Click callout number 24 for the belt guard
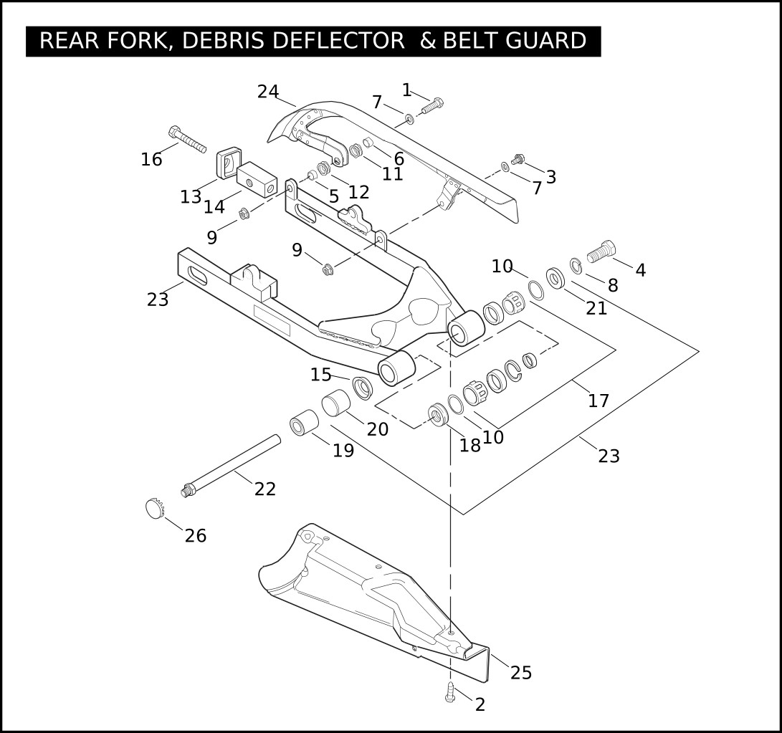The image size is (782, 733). tap(268, 91)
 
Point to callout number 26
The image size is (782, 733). tap(196, 535)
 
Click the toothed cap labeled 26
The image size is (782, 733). tap(155, 507)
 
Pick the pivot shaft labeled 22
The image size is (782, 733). tap(230, 466)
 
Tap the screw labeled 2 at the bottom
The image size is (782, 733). tap(450, 692)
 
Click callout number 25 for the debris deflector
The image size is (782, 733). tap(521, 673)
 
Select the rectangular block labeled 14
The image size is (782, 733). tap(257, 180)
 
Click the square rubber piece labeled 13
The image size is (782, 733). tap(229, 162)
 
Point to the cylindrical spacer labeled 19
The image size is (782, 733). tap(304, 422)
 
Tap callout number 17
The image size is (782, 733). tap(599, 401)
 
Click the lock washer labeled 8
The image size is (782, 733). tap(576, 266)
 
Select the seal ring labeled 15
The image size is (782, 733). tap(362, 388)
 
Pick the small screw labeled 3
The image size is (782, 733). tap(518, 159)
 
